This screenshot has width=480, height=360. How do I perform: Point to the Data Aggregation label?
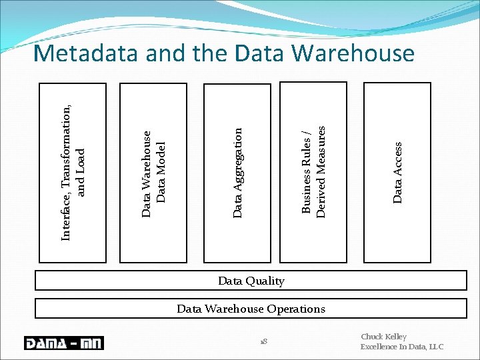coord(238,173)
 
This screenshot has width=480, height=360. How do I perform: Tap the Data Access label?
coord(398,173)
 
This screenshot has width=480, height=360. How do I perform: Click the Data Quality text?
coord(251,281)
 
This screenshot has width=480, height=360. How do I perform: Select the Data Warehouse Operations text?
coord(251,309)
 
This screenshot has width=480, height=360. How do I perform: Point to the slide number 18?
coord(265,342)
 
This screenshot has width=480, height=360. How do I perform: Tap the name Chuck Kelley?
coord(383,337)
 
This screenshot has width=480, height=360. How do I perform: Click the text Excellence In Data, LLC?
coord(401,347)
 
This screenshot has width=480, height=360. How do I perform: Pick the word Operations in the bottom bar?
coord(295,309)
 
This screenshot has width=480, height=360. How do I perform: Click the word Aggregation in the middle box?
coord(238,159)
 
